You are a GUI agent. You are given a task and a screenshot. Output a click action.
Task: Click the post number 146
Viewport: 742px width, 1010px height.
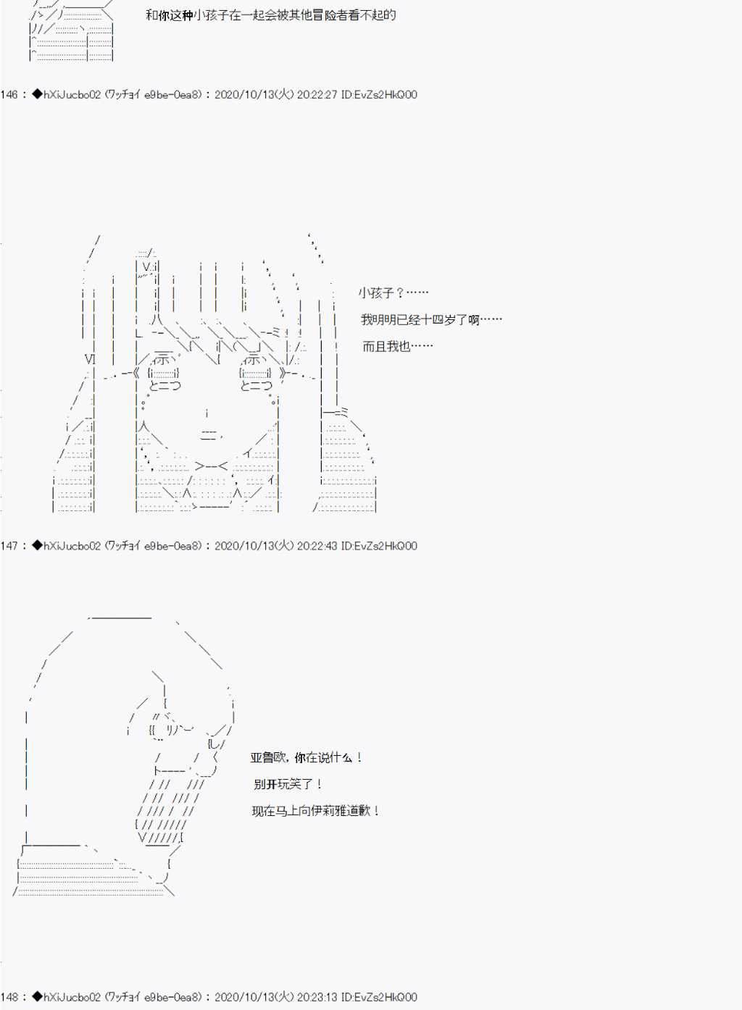point(9,95)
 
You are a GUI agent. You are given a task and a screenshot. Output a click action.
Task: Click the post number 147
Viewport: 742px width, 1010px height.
point(9,546)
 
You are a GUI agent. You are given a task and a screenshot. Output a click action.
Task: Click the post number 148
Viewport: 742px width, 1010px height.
point(9,997)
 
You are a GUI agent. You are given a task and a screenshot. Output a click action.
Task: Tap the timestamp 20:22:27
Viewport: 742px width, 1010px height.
point(317,95)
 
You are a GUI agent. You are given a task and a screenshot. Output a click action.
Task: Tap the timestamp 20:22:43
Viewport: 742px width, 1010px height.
point(317,546)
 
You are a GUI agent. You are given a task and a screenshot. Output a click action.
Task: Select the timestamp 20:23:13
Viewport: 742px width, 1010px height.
point(317,997)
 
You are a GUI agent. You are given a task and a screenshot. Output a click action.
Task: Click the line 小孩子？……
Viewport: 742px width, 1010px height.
point(393,293)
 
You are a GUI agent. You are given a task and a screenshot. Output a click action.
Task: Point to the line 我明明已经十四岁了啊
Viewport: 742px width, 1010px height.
point(420,320)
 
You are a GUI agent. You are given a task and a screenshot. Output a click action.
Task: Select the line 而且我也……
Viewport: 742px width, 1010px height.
point(398,346)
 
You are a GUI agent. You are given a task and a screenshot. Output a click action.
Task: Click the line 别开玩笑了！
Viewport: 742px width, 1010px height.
point(288,784)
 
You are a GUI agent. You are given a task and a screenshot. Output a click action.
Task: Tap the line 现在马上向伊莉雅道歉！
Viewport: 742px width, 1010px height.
point(316,811)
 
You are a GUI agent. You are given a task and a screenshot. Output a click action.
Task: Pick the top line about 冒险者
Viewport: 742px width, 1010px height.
point(271,15)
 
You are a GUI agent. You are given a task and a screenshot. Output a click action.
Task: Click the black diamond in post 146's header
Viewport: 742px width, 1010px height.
point(37,94)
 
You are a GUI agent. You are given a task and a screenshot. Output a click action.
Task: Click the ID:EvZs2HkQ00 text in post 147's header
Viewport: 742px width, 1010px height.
point(379,546)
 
